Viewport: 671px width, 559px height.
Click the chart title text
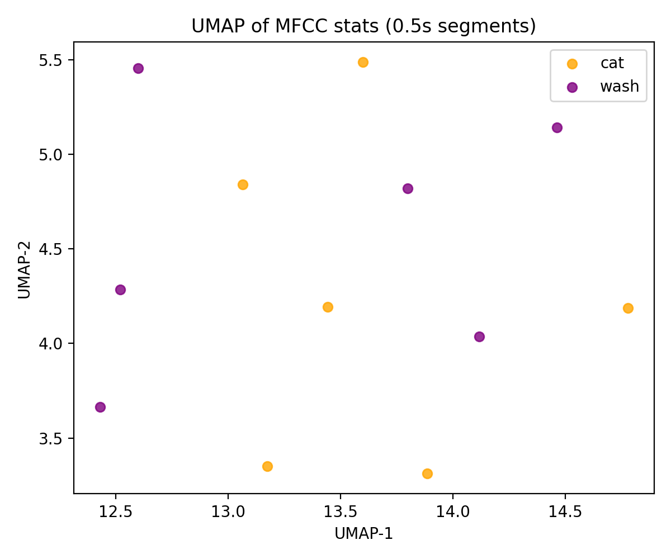pos(363,26)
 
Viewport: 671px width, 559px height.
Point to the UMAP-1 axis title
pos(363,534)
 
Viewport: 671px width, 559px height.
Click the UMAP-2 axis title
pos(23,268)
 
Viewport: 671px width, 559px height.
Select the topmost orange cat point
pos(363,62)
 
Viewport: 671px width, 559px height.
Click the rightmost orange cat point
pos(628,308)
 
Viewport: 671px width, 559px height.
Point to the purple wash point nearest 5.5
pos(138,68)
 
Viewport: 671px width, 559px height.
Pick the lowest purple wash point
pos(100,407)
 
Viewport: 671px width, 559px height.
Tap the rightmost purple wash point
pos(557,127)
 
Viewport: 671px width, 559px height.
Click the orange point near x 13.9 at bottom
pos(427,473)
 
